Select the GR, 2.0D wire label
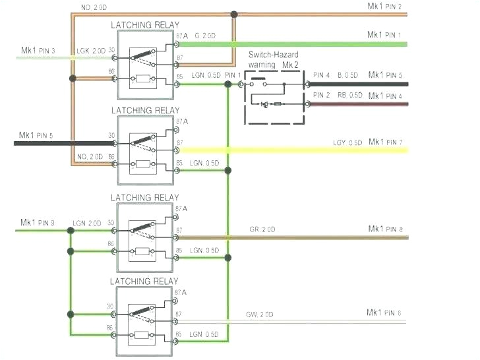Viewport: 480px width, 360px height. click(262, 229)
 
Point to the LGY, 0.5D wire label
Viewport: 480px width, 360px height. click(347, 143)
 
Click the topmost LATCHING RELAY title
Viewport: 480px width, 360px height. click(144, 25)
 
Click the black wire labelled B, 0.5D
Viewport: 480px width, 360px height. click(356, 84)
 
